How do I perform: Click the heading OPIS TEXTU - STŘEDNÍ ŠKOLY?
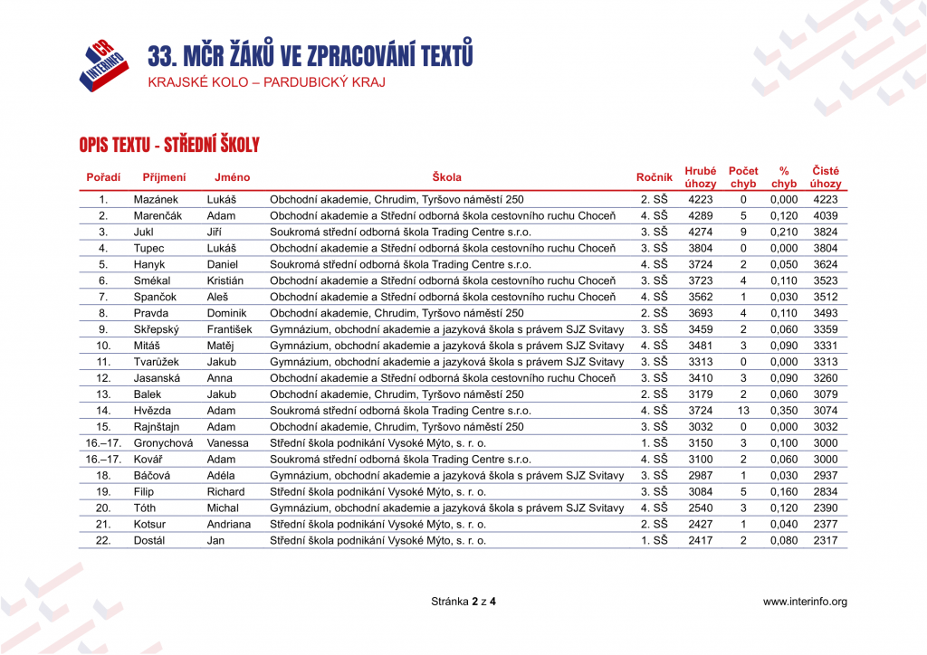point(169,145)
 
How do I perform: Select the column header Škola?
point(446,177)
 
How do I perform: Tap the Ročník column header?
point(654,177)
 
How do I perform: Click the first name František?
point(229,329)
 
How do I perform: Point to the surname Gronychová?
point(163,443)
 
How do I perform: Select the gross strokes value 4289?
point(701,216)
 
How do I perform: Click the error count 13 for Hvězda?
point(743,411)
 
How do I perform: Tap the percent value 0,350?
point(783,411)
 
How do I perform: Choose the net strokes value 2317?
point(825,541)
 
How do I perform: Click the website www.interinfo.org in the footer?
point(805,602)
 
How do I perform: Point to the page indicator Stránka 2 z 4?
point(463,602)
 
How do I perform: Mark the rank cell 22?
point(103,541)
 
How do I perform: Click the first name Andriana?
point(228,525)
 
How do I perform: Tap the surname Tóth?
point(145,508)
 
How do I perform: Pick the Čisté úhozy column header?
point(825,177)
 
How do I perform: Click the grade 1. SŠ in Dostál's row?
point(654,541)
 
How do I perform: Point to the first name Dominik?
point(226,313)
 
